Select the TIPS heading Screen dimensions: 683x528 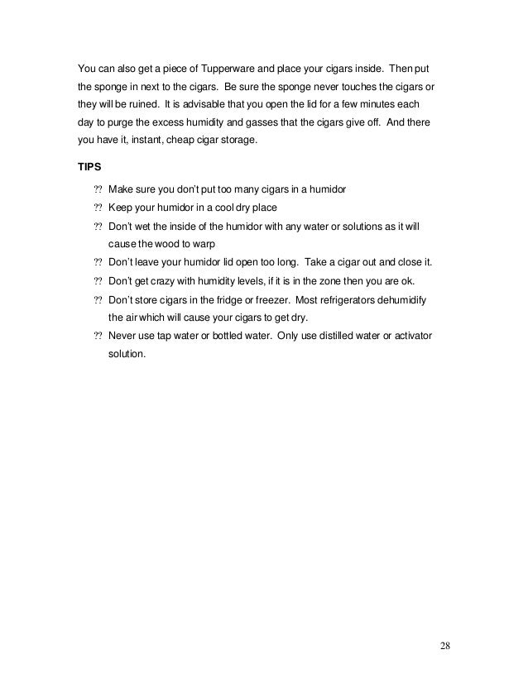pos(89,165)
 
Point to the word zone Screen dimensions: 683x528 pos(350,280)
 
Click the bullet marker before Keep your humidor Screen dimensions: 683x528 pos(98,208)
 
